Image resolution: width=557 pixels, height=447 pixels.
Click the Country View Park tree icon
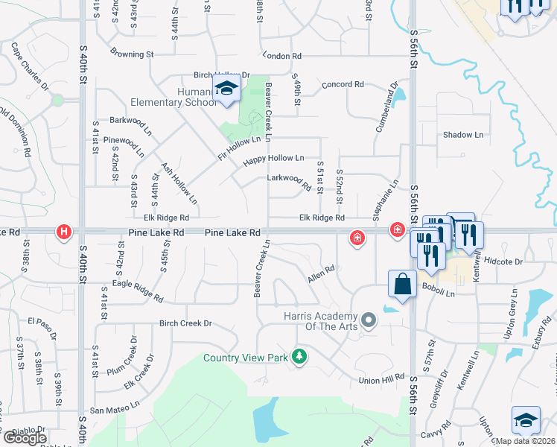click(299, 357)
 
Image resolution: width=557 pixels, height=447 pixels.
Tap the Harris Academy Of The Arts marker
click(368, 322)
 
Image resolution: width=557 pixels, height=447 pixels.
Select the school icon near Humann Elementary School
click(226, 90)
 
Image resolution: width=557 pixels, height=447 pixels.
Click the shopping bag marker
click(402, 284)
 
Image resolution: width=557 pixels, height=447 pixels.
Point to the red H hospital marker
click(65, 233)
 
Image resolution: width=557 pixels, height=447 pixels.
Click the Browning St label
click(131, 54)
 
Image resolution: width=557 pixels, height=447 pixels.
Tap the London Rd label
click(282, 56)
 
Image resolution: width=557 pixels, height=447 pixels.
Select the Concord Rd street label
click(343, 85)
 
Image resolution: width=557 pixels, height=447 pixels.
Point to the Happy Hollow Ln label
click(274, 159)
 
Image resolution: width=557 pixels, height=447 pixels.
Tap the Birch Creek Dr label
click(185, 323)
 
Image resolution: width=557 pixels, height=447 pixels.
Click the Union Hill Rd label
click(381, 380)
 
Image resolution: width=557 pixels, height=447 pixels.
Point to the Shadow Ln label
click(462, 135)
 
